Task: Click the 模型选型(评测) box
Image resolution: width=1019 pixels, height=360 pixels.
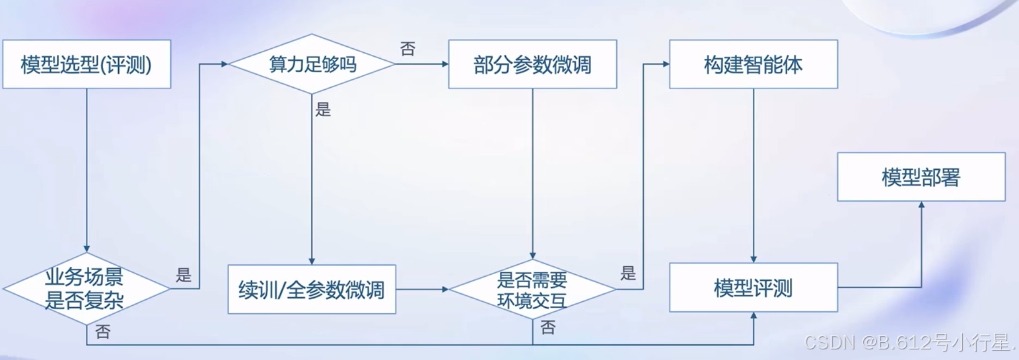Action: pos(87,65)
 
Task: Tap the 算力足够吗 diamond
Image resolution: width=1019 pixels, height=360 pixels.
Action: pos(312,64)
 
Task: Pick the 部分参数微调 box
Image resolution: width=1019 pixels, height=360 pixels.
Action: pos(532,65)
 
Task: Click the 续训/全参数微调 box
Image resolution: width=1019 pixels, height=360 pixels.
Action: pos(312,289)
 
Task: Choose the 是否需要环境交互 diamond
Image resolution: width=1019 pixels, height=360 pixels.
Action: pos(532,289)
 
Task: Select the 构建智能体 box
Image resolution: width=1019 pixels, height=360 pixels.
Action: pos(754,65)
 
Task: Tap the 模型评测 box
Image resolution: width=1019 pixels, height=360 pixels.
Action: pos(754,288)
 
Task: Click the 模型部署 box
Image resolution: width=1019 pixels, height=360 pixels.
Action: pos(921,177)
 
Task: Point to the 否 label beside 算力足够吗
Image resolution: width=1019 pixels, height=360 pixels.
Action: pos(407,50)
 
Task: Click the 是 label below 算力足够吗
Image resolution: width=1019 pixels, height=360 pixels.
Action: pos(323,110)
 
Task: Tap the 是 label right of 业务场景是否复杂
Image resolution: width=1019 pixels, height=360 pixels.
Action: pos(184,275)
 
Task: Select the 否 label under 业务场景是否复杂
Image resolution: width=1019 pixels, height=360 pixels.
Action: pos(102,332)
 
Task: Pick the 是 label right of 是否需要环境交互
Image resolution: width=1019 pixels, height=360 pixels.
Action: pos(628,273)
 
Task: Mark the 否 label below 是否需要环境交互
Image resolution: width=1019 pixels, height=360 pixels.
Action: pos(547,328)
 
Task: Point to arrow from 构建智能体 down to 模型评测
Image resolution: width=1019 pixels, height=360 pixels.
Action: pos(754,175)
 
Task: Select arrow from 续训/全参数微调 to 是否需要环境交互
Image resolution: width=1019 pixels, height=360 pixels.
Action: pos(422,289)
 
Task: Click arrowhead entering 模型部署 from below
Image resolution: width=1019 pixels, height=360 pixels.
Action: pos(921,206)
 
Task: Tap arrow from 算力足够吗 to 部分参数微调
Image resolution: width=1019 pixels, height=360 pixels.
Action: pos(422,64)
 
